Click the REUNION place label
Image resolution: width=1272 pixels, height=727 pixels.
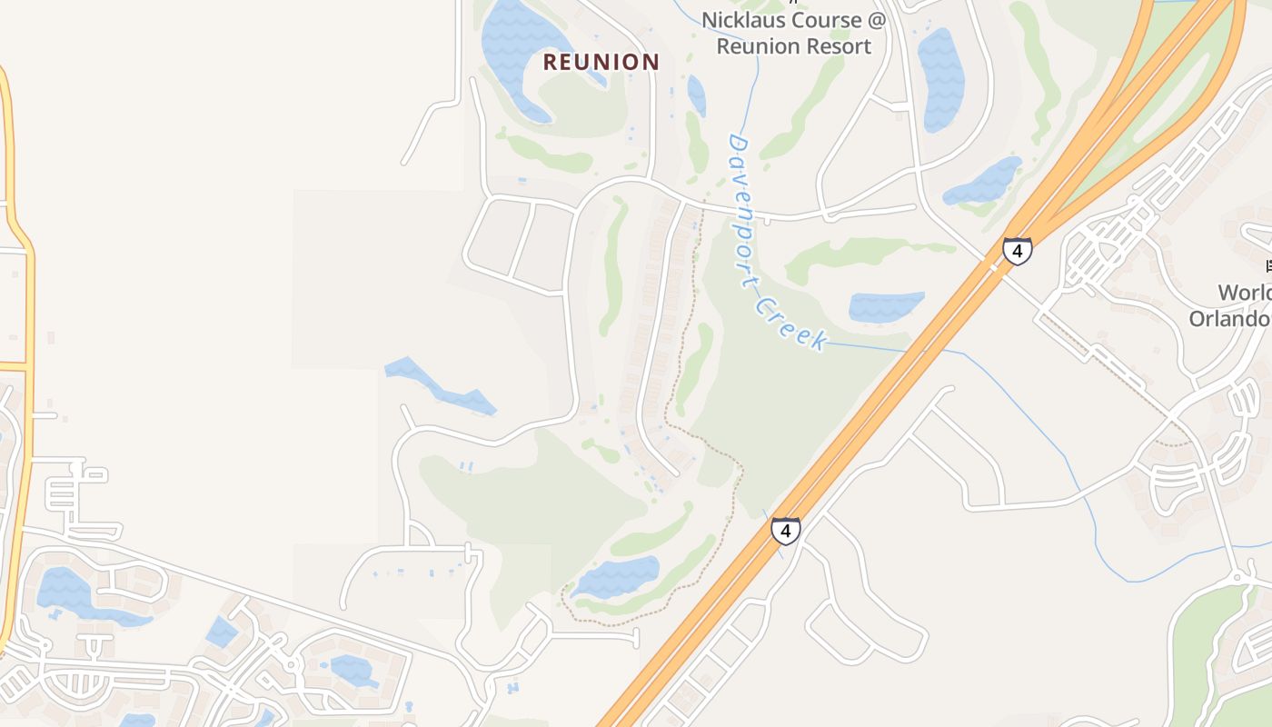pyautogui.click(x=601, y=62)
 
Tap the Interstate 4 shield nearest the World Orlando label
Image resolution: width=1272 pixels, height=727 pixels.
pyautogui.click(x=1018, y=250)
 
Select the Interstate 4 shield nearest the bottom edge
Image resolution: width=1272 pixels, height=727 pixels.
pyautogui.click(x=786, y=530)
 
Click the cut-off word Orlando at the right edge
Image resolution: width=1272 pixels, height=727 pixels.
pyautogui.click(x=1231, y=318)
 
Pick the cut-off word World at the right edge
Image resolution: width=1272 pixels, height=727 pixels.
pyautogui.click(x=1244, y=293)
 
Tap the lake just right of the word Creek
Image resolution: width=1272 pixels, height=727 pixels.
pyautogui.click(x=886, y=306)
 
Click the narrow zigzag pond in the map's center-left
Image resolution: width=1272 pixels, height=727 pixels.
pyautogui.click(x=441, y=385)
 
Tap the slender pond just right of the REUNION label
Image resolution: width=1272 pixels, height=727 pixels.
pyautogui.click(x=696, y=95)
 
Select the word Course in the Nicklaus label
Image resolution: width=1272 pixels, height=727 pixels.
pyautogui.click(x=830, y=20)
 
